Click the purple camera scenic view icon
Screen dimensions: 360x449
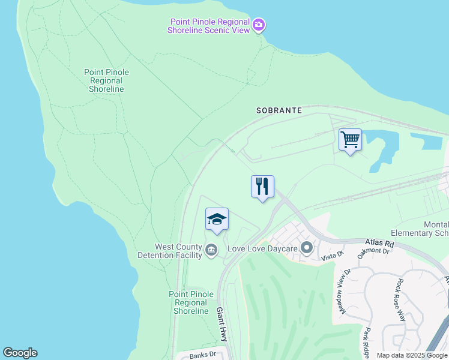click(259, 25)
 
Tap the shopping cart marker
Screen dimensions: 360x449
click(350, 140)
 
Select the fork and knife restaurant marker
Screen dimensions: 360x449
click(262, 186)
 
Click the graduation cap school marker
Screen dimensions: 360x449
click(217, 219)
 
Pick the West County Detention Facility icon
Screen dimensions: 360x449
click(211, 250)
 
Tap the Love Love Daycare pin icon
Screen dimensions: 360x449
click(307, 247)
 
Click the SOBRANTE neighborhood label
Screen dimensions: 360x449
click(279, 110)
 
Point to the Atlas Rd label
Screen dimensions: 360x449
click(379, 244)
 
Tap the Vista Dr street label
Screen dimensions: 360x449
click(331, 256)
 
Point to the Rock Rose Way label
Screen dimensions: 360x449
click(401, 299)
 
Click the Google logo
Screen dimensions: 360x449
click(20, 353)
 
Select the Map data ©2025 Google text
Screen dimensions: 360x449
click(412, 355)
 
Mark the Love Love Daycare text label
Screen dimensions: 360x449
click(263, 247)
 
